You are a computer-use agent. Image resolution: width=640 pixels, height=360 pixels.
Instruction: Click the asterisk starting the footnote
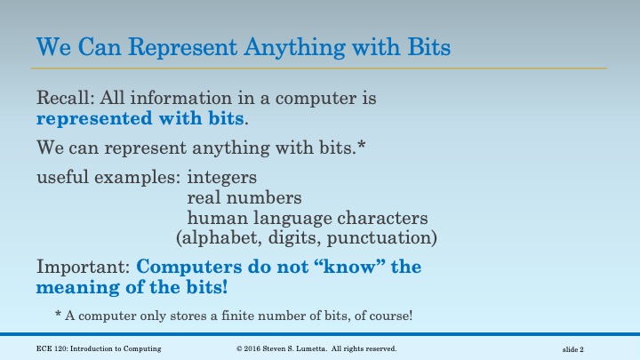58,316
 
